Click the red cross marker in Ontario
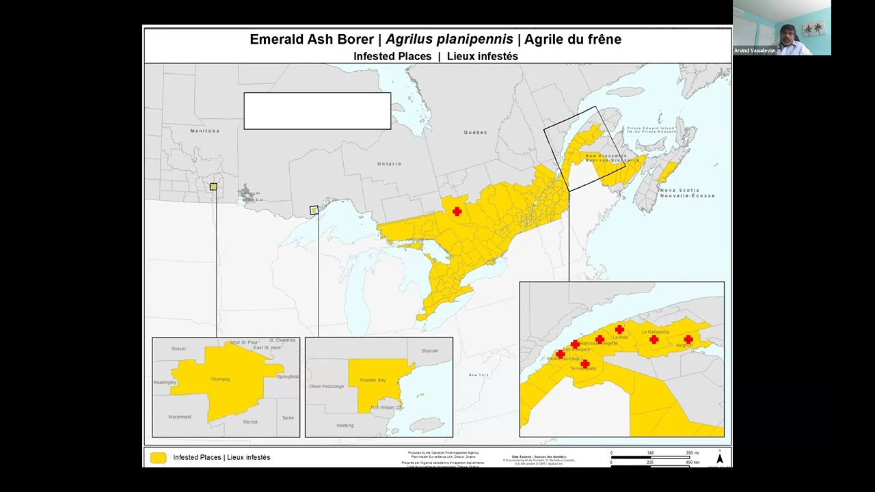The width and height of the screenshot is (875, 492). point(457,212)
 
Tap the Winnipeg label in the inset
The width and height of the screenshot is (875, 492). point(220,379)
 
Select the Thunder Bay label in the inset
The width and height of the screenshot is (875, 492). point(373,380)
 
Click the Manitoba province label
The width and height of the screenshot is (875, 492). point(204,131)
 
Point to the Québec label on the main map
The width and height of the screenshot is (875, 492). point(475,133)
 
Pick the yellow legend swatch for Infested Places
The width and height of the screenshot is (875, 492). point(159,458)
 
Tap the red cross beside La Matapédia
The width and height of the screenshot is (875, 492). point(654,340)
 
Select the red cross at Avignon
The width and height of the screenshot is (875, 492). point(688,339)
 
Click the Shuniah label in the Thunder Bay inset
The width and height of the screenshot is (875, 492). point(429,351)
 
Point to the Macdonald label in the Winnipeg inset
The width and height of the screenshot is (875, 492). point(180,417)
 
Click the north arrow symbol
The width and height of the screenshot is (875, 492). point(719,457)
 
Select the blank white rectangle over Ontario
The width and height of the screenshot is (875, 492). point(317,111)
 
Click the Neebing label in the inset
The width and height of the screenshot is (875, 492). point(345,426)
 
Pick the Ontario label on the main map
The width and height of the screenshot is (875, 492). point(389,164)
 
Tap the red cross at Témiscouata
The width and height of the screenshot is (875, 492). point(584,364)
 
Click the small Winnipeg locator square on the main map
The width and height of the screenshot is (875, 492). point(213,187)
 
